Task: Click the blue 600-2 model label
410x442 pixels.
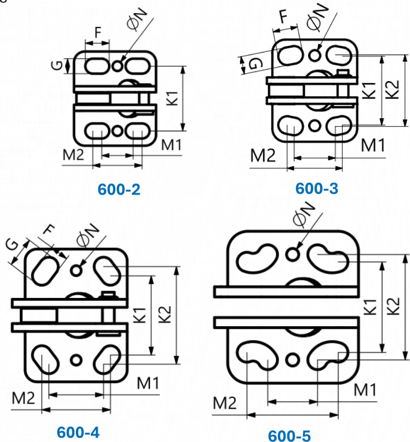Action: (119, 189)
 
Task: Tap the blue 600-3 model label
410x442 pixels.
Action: (316, 189)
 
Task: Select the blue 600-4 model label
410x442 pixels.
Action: (78, 432)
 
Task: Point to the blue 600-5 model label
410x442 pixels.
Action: (290, 436)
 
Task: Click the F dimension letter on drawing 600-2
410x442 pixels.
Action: (97, 33)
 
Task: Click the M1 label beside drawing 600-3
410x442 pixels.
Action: (373, 145)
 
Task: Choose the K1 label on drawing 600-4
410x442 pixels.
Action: (142, 315)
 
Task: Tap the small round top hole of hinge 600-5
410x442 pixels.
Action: (291, 253)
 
